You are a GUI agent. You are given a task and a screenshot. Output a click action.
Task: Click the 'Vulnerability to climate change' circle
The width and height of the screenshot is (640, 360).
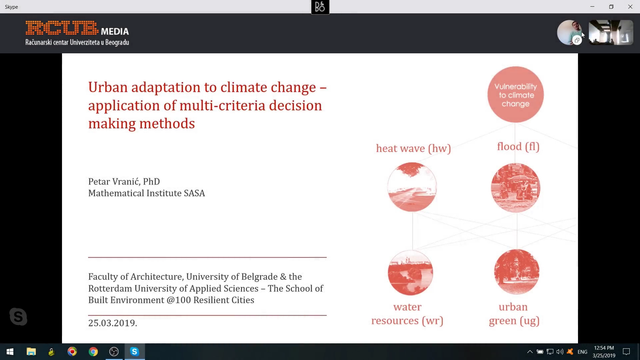tap(515, 95)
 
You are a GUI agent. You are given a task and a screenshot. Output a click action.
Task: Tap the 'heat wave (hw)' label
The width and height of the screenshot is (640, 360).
tap(413, 148)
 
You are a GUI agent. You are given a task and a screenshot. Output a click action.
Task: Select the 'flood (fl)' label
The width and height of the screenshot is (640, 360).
tap(518, 147)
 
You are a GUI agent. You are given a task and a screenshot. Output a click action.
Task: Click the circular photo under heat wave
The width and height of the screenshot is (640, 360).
tap(412, 187)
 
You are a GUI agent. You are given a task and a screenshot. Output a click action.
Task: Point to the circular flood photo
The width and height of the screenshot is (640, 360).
tap(516, 188)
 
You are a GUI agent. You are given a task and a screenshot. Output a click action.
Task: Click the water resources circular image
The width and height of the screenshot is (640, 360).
tap(410, 273)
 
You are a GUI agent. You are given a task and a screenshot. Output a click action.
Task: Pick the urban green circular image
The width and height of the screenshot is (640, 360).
tap(517, 272)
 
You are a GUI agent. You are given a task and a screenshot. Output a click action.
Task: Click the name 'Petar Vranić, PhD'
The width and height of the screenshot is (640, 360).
tap(124, 181)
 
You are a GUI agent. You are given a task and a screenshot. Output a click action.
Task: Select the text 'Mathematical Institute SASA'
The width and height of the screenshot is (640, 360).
tap(146, 193)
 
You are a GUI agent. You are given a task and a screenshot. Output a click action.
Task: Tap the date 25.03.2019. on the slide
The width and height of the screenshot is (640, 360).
tap(113, 323)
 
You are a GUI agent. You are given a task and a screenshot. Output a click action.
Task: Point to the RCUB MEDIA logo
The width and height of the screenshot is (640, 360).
tap(77, 33)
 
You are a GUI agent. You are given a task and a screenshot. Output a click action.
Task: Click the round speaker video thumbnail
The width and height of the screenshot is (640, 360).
tap(570, 32)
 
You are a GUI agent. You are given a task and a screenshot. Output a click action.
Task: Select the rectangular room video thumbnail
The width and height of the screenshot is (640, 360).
tap(611, 32)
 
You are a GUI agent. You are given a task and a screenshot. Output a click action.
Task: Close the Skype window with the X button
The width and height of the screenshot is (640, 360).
tap(630, 7)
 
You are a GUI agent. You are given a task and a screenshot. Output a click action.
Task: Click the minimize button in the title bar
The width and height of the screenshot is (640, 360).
tap(592, 7)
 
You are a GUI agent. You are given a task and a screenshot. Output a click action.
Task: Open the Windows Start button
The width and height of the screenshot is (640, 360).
tap(10, 352)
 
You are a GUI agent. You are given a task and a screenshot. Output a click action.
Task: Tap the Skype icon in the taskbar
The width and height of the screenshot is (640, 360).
tap(135, 352)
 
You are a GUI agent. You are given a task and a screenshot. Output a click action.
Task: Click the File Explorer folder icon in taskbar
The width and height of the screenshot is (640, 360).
tap(31, 352)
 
